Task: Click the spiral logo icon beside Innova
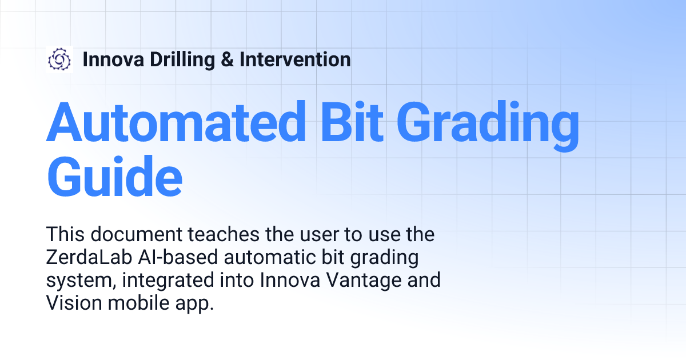[59, 59]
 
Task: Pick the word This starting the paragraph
[64, 234]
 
